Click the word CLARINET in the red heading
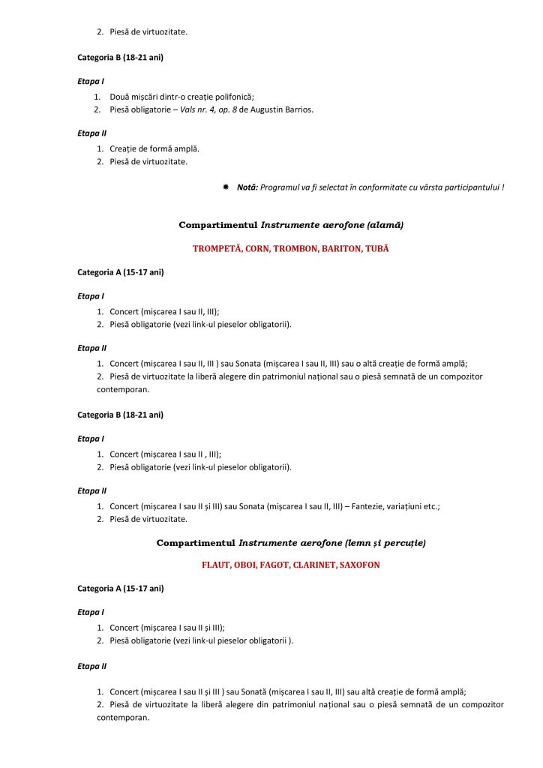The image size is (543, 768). [316, 564]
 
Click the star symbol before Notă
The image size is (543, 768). [225, 187]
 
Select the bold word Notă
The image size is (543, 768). [247, 187]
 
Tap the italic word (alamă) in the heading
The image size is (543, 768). [384, 224]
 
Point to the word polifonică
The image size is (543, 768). [231, 97]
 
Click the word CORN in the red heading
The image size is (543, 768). [259, 248]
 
